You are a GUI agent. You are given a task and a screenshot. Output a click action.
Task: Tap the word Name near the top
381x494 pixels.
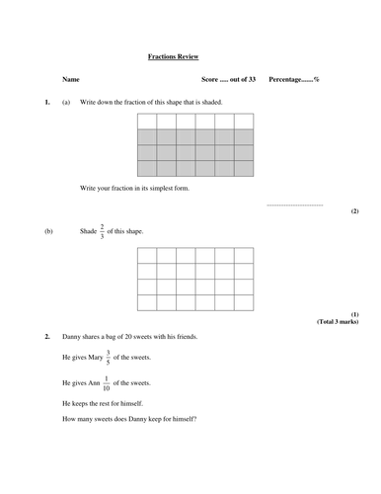[70, 78]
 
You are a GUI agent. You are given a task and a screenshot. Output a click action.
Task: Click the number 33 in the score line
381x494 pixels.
[250, 78]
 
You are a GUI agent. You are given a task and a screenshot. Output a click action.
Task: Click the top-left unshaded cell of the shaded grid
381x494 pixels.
[146, 121]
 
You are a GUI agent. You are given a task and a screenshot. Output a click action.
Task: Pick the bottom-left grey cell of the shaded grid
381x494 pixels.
[146, 169]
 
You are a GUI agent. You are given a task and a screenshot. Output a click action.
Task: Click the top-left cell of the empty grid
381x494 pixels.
[146, 255]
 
